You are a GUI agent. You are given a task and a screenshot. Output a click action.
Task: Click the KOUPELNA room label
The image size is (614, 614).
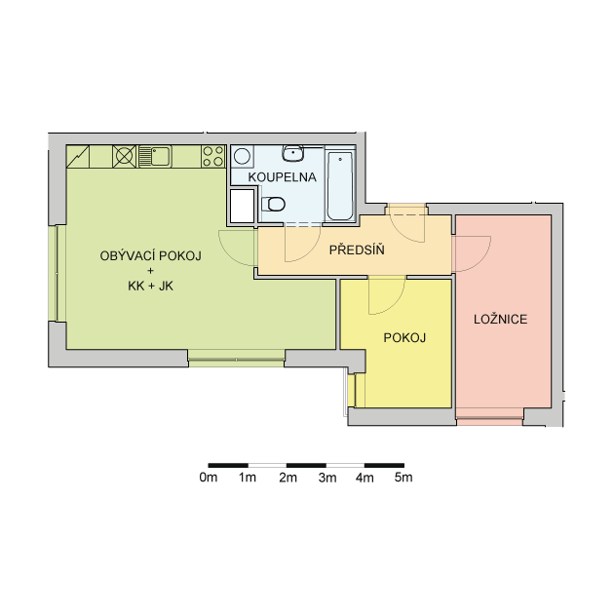[x=282, y=177]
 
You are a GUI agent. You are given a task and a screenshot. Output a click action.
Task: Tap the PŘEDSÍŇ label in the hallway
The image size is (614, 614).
[x=357, y=249]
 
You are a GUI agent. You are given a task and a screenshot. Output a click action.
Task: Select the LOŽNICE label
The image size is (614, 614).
[x=500, y=319]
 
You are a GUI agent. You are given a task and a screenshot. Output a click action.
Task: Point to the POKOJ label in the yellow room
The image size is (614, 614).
[x=404, y=337]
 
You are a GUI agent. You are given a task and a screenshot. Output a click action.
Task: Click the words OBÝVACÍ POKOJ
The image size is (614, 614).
[x=151, y=255]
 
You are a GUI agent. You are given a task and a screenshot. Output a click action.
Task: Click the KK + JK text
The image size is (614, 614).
[x=151, y=287]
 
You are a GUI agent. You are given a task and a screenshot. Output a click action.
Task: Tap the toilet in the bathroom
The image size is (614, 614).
[x=273, y=204]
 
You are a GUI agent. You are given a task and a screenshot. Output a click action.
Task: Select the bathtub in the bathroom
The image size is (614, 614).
[x=340, y=186]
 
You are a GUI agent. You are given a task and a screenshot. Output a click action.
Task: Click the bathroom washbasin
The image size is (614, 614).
[x=293, y=153]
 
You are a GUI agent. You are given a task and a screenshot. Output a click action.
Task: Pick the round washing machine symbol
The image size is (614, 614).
[x=242, y=157]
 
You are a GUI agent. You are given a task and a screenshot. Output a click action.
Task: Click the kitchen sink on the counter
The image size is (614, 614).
[x=155, y=156]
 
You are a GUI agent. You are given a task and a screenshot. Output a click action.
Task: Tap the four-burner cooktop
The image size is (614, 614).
[x=213, y=156]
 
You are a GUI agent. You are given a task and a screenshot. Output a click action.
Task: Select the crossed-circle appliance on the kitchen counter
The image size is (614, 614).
[x=124, y=156]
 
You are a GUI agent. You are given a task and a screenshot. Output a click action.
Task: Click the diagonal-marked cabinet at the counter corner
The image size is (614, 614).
[x=78, y=157]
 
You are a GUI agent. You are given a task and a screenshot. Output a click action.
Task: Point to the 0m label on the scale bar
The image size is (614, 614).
[x=209, y=478]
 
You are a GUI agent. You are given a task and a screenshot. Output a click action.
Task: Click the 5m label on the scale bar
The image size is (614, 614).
[x=403, y=478]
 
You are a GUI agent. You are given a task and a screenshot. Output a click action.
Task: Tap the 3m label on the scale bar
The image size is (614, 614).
[x=327, y=478]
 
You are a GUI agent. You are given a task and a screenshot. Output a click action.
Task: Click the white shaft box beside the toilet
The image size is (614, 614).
[x=242, y=206]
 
